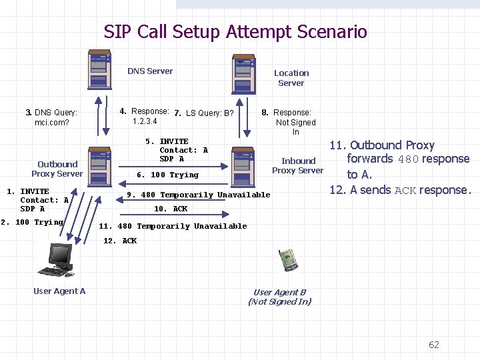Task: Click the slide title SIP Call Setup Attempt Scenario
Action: (235, 31)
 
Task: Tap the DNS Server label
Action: (150, 71)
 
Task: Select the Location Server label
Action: (291, 78)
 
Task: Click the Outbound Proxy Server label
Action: (57, 169)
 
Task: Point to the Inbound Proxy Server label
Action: (298, 165)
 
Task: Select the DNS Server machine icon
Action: (100, 69)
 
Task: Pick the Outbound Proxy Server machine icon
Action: (99, 167)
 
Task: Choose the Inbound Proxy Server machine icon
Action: (242, 165)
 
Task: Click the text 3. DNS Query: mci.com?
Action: (51, 117)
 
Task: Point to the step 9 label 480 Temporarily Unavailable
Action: (199, 195)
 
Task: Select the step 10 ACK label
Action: (171, 209)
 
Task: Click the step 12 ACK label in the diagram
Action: (120, 241)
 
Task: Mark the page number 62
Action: (434, 345)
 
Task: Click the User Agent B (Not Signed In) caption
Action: (280, 297)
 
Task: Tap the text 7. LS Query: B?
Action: (203, 113)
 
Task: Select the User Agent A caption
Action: (59, 291)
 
